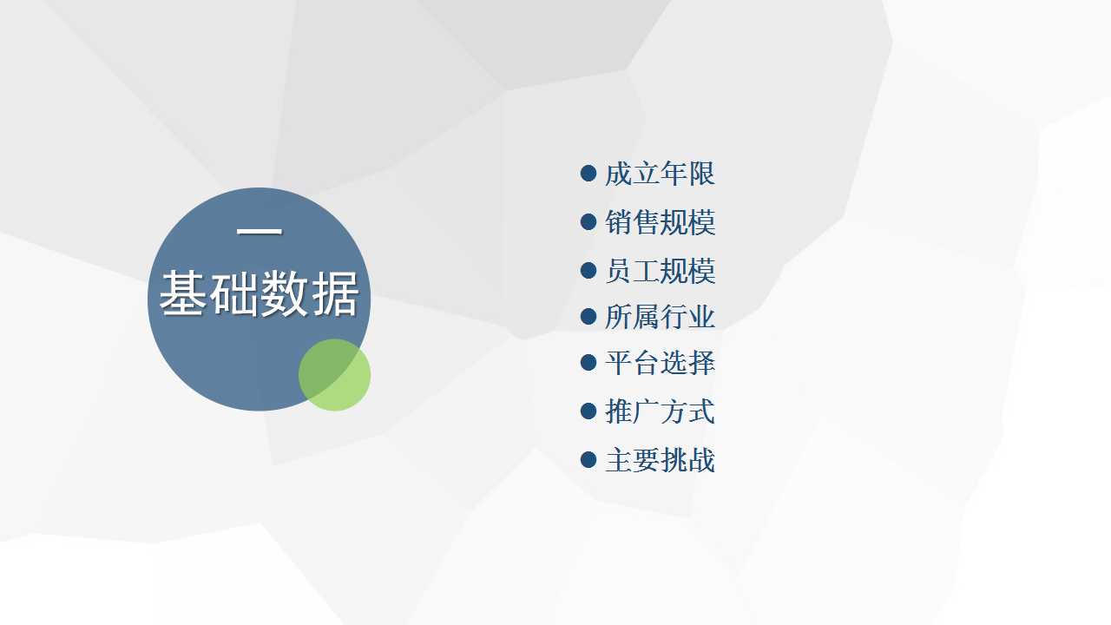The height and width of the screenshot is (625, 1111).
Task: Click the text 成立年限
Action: [x=661, y=174]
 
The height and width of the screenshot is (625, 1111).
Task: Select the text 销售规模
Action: [x=661, y=221]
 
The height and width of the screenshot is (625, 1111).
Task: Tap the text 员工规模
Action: [x=661, y=271]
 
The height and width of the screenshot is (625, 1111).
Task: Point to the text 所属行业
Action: [x=661, y=317]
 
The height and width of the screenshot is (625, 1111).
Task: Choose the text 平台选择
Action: [x=661, y=363]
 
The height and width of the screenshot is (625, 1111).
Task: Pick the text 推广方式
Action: [x=661, y=411]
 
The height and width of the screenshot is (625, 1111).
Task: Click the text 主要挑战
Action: [x=661, y=460]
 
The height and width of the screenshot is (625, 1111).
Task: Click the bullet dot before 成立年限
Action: [x=588, y=174]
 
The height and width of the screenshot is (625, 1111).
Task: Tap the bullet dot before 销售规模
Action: [x=588, y=221]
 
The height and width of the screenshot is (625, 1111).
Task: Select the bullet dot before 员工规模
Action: [x=588, y=270]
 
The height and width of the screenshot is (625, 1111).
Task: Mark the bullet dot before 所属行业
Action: [x=588, y=317]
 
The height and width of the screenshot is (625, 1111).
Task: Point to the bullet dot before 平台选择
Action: [x=588, y=362]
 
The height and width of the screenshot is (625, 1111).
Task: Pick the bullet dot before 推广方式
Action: [x=588, y=411]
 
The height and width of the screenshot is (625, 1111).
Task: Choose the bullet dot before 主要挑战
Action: [x=588, y=459]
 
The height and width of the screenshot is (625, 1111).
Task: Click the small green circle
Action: [x=334, y=375]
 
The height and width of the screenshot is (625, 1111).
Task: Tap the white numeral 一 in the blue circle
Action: [x=260, y=231]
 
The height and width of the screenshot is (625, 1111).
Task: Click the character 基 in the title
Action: [x=182, y=293]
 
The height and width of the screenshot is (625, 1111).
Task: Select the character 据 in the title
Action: [x=335, y=293]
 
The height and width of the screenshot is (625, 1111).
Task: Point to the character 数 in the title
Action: [x=285, y=293]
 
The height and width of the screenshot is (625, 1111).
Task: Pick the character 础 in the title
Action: [x=233, y=293]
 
